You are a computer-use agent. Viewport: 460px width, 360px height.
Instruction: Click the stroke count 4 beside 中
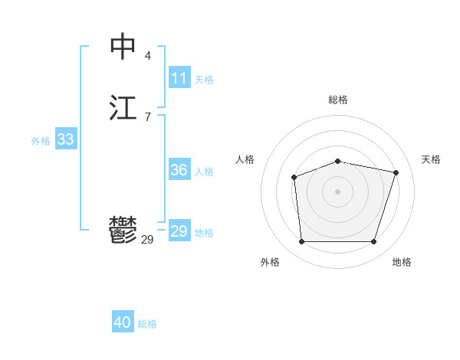(x=147, y=55)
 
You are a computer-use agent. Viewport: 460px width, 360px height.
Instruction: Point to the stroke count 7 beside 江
(x=147, y=116)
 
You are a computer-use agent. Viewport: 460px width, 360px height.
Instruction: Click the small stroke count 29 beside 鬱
(x=147, y=240)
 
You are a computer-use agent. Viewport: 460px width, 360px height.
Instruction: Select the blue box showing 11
(x=179, y=78)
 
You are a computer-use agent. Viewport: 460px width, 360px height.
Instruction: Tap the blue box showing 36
(x=179, y=171)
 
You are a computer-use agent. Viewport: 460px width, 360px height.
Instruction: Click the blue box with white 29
(x=179, y=231)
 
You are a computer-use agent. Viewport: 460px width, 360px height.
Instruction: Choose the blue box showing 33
(x=66, y=139)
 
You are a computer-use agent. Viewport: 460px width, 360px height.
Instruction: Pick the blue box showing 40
(x=123, y=322)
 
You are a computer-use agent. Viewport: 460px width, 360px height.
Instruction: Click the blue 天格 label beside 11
(x=204, y=79)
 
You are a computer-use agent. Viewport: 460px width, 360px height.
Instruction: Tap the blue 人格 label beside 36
(x=204, y=172)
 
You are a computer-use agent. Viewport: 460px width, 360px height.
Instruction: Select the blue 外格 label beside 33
(x=41, y=140)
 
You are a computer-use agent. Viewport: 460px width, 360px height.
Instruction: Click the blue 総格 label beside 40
(x=147, y=323)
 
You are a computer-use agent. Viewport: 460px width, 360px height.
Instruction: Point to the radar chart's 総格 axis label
(x=338, y=100)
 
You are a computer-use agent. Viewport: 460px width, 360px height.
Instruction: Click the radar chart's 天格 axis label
(x=431, y=159)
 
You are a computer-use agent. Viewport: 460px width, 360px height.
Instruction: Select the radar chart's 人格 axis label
(x=245, y=159)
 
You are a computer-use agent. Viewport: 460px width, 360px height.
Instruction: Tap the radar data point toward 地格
(x=374, y=242)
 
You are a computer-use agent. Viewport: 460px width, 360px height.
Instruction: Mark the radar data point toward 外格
(x=301, y=242)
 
